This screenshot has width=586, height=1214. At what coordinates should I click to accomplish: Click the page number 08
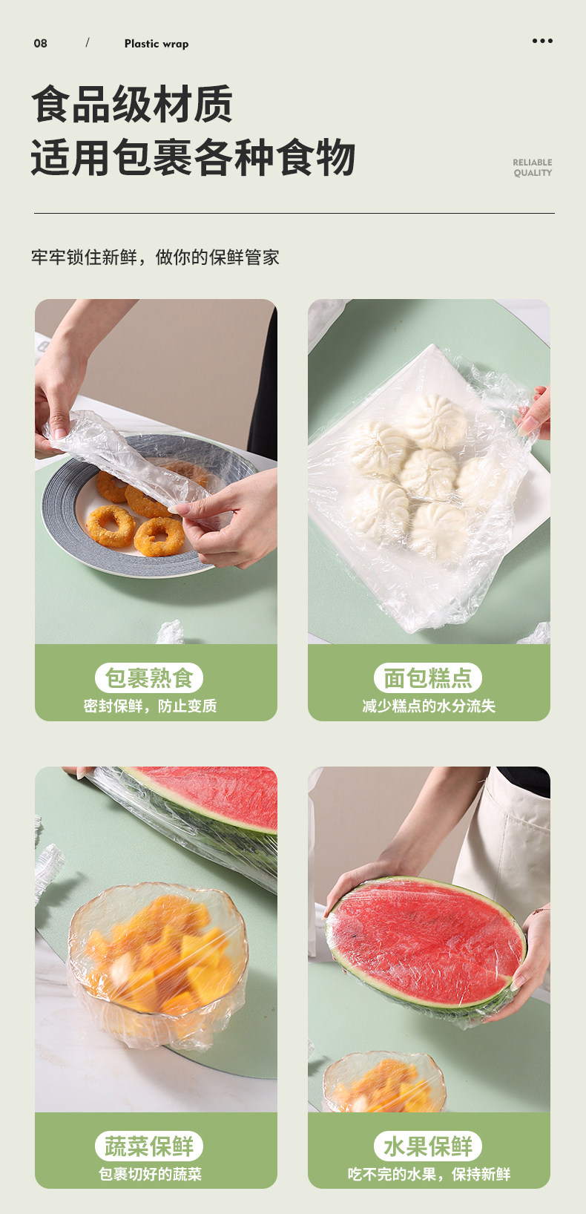(x=40, y=43)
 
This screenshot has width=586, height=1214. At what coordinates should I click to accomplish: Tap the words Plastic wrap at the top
(x=157, y=44)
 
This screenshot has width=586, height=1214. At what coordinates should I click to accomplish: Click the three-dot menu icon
(x=542, y=41)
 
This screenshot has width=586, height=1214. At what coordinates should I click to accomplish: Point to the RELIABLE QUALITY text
(x=533, y=168)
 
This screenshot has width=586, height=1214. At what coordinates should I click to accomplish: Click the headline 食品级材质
(x=132, y=104)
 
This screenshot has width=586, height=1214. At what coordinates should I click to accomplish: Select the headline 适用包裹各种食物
(x=193, y=157)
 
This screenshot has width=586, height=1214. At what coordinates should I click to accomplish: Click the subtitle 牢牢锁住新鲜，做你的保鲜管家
(x=155, y=257)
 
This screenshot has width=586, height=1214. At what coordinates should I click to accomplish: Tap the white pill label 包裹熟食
(x=149, y=677)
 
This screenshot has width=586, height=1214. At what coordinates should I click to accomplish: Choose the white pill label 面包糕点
(x=428, y=677)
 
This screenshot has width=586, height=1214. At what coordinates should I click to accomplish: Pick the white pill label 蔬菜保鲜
(x=149, y=1146)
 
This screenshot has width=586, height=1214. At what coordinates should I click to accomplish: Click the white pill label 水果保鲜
(x=428, y=1146)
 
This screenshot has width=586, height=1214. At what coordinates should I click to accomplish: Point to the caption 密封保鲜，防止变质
(x=150, y=706)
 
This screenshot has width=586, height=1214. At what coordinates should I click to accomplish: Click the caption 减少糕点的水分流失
(x=429, y=706)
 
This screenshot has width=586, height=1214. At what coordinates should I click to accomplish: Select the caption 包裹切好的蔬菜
(x=150, y=1174)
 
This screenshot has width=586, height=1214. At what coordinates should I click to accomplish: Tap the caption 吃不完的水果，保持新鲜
(x=429, y=1174)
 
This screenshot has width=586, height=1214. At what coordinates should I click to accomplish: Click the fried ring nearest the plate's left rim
(x=111, y=525)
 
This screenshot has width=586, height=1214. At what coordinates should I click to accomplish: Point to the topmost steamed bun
(x=436, y=421)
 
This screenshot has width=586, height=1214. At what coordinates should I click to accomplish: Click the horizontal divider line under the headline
(x=294, y=213)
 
